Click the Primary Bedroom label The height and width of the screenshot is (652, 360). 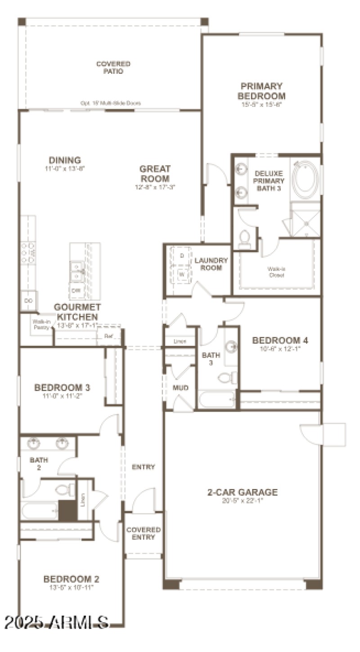tap(261, 91)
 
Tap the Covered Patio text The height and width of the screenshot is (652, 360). tap(113, 68)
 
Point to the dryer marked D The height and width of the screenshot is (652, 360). tap(182, 256)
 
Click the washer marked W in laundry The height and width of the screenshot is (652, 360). tap(182, 274)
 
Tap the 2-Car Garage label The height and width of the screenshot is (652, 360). tap(242, 492)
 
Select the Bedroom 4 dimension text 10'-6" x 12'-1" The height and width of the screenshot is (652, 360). tap(280, 348)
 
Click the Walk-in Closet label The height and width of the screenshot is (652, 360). tap(276, 272)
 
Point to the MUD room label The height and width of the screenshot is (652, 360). tap(180, 388)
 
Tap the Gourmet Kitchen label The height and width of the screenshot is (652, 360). tap(77, 312)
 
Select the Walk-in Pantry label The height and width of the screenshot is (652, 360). tap(41, 324)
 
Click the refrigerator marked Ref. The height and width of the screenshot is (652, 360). tap(108, 336)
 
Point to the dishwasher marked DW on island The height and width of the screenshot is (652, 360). tap(77, 290)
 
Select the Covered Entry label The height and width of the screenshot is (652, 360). tap(143, 533)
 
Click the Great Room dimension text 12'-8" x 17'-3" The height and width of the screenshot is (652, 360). tap(154, 186)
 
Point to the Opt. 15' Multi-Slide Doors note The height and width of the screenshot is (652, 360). tap(111, 103)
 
